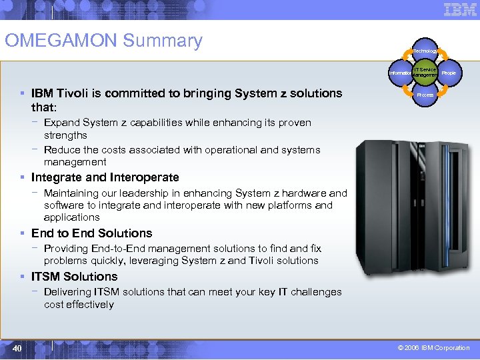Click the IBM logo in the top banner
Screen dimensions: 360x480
click(x=460, y=9)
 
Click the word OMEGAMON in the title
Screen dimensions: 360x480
click(x=61, y=41)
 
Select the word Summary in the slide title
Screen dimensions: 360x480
click(x=162, y=41)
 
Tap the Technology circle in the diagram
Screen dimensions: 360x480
click(x=425, y=51)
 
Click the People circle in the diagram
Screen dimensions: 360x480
click(x=449, y=73)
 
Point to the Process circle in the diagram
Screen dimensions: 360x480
click(x=425, y=95)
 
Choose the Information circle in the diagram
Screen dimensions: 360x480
click(x=401, y=73)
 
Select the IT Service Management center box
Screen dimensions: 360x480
click(x=425, y=73)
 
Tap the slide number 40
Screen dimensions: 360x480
click(x=17, y=348)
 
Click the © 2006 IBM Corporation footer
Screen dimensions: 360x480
click(x=433, y=348)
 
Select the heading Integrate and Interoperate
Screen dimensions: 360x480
click(x=105, y=177)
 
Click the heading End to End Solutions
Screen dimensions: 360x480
click(x=91, y=233)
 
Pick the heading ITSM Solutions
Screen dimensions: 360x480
click(x=74, y=277)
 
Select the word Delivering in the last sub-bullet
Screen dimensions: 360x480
click(x=67, y=292)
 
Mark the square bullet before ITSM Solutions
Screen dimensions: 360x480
click(x=24, y=277)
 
